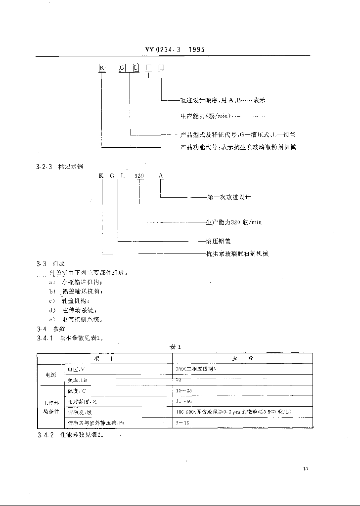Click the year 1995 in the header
pyautogui.click(x=196, y=49)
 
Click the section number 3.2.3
pyautogui.click(x=38, y=168)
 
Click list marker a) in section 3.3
pyautogui.click(x=51, y=281)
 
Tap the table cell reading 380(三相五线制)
pyautogui.click(x=195, y=369)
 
